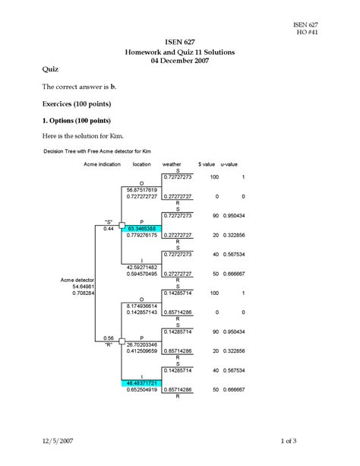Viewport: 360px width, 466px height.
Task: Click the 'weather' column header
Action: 172,163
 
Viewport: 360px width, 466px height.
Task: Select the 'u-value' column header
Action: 229,163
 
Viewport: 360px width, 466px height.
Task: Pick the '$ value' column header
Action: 207,163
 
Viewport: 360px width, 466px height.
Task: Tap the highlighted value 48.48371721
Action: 142,383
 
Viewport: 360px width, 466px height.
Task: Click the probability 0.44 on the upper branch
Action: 109,228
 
